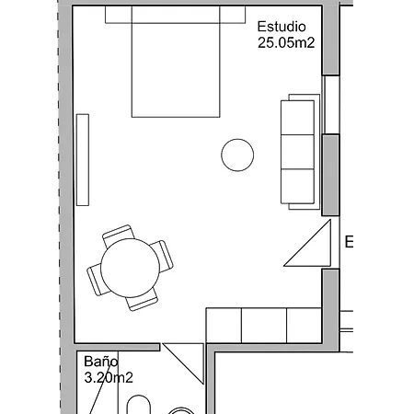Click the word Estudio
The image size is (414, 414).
pos(282,27)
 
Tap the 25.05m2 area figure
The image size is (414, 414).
pos(287,42)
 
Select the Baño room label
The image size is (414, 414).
pos(101,362)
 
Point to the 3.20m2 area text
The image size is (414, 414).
pos(109,377)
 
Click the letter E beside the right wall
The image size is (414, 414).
pos(350,243)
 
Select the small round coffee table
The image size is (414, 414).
pos(237,155)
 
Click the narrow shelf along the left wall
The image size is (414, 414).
pos(83,158)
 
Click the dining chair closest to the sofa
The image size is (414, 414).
pos(161,255)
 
